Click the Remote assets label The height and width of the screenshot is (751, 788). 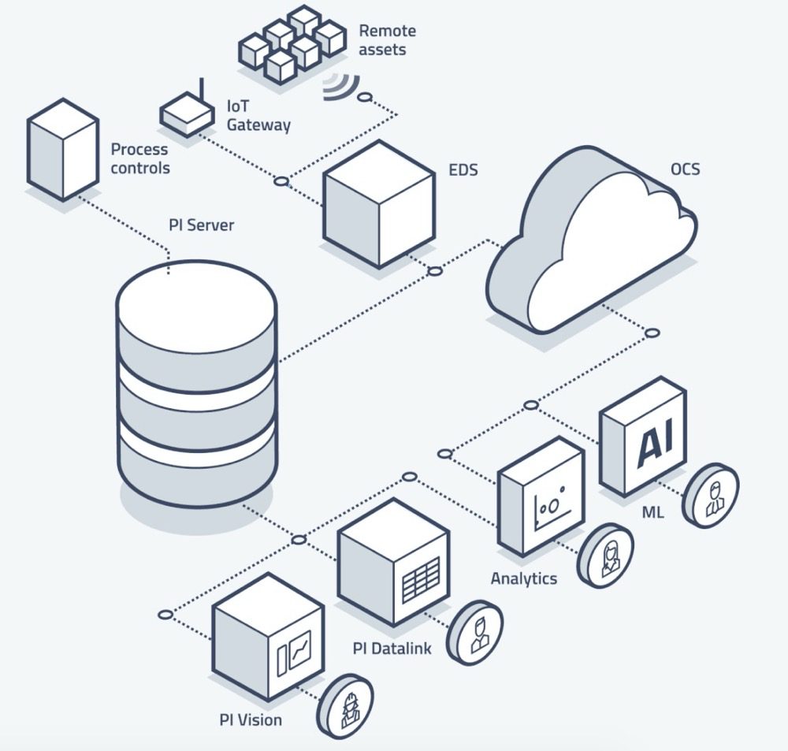[387, 40]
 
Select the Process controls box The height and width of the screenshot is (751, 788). [62, 150]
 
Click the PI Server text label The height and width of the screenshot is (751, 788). [202, 225]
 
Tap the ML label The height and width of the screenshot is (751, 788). [653, 513]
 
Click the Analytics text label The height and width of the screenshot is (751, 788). [523, 579]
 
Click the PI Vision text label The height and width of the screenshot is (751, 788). [251, 719]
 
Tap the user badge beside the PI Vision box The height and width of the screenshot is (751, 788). [345, 705]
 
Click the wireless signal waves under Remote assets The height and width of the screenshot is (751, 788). [338, 86]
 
